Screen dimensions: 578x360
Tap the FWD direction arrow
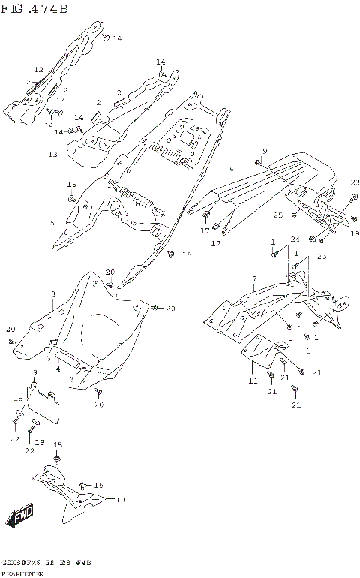pyautogui.click(x=20, y=516)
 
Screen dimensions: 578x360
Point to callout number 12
pyautogui.click(x=38, y=69)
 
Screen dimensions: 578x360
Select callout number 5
pyautogui.click(x=52, y=223)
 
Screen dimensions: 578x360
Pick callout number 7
pyautogui.click(x=254, y=278)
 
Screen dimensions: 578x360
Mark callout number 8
pyautogui.click(x=52, y=294)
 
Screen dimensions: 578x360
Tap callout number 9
pyautogui.click(x=34, y=373)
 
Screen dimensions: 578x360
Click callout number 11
pyautogui.click(x=252, y=381)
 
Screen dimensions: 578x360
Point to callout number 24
pyautogui.click(x=295, y=239)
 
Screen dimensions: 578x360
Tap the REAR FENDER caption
pyautogui.click(x=22, y=573)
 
